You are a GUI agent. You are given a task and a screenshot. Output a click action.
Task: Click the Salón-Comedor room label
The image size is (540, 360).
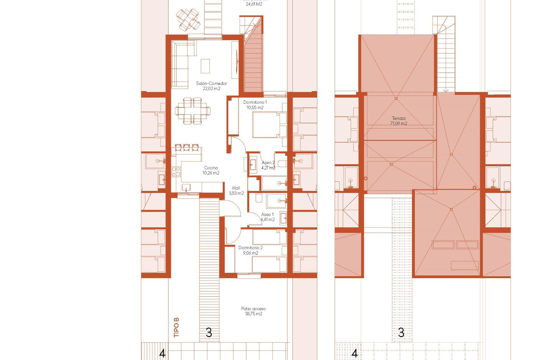(x=211, y=84)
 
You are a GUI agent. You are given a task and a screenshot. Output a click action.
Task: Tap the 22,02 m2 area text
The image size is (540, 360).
(x=211, y=89)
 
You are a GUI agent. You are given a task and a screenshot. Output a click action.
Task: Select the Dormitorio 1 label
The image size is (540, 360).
(x=255, y=102)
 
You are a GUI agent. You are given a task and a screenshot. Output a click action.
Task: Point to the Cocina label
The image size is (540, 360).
(x=211, y=168)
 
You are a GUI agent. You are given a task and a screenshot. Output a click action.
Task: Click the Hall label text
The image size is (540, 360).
(x=236, y=188)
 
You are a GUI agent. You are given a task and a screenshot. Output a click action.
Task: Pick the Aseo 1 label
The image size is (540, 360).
(x=267, y=215)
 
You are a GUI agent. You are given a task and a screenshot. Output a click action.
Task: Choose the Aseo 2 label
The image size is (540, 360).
(x=268, y=163)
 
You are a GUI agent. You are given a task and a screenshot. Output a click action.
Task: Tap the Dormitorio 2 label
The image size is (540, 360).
(x=250, y=248)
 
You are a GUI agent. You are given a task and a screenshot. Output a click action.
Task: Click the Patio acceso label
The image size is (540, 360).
(x=253, y=309)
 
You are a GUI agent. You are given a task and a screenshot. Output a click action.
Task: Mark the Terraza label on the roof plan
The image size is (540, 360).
(x=399, y=118)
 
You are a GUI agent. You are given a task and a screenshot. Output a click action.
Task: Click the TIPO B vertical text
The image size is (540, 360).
(x=176, y=327)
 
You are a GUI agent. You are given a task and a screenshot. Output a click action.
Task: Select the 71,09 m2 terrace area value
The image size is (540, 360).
(x=399, y=123)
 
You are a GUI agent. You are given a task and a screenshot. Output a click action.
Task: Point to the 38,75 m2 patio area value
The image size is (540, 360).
(x=253, y=314)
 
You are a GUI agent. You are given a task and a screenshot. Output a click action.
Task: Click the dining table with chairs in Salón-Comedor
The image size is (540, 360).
(x=193, y=111)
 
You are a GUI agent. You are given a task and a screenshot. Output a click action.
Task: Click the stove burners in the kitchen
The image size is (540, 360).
(x=176, y=172)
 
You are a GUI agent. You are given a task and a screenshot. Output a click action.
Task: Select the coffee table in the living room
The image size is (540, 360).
(x=205, y=66)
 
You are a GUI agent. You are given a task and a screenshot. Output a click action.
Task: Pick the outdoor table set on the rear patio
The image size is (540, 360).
(x=188, y=20)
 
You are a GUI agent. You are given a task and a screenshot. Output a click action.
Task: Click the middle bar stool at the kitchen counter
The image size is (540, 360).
(x=186, y=147)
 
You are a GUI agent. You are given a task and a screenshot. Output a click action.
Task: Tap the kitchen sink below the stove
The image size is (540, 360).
(x=186, y=188)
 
